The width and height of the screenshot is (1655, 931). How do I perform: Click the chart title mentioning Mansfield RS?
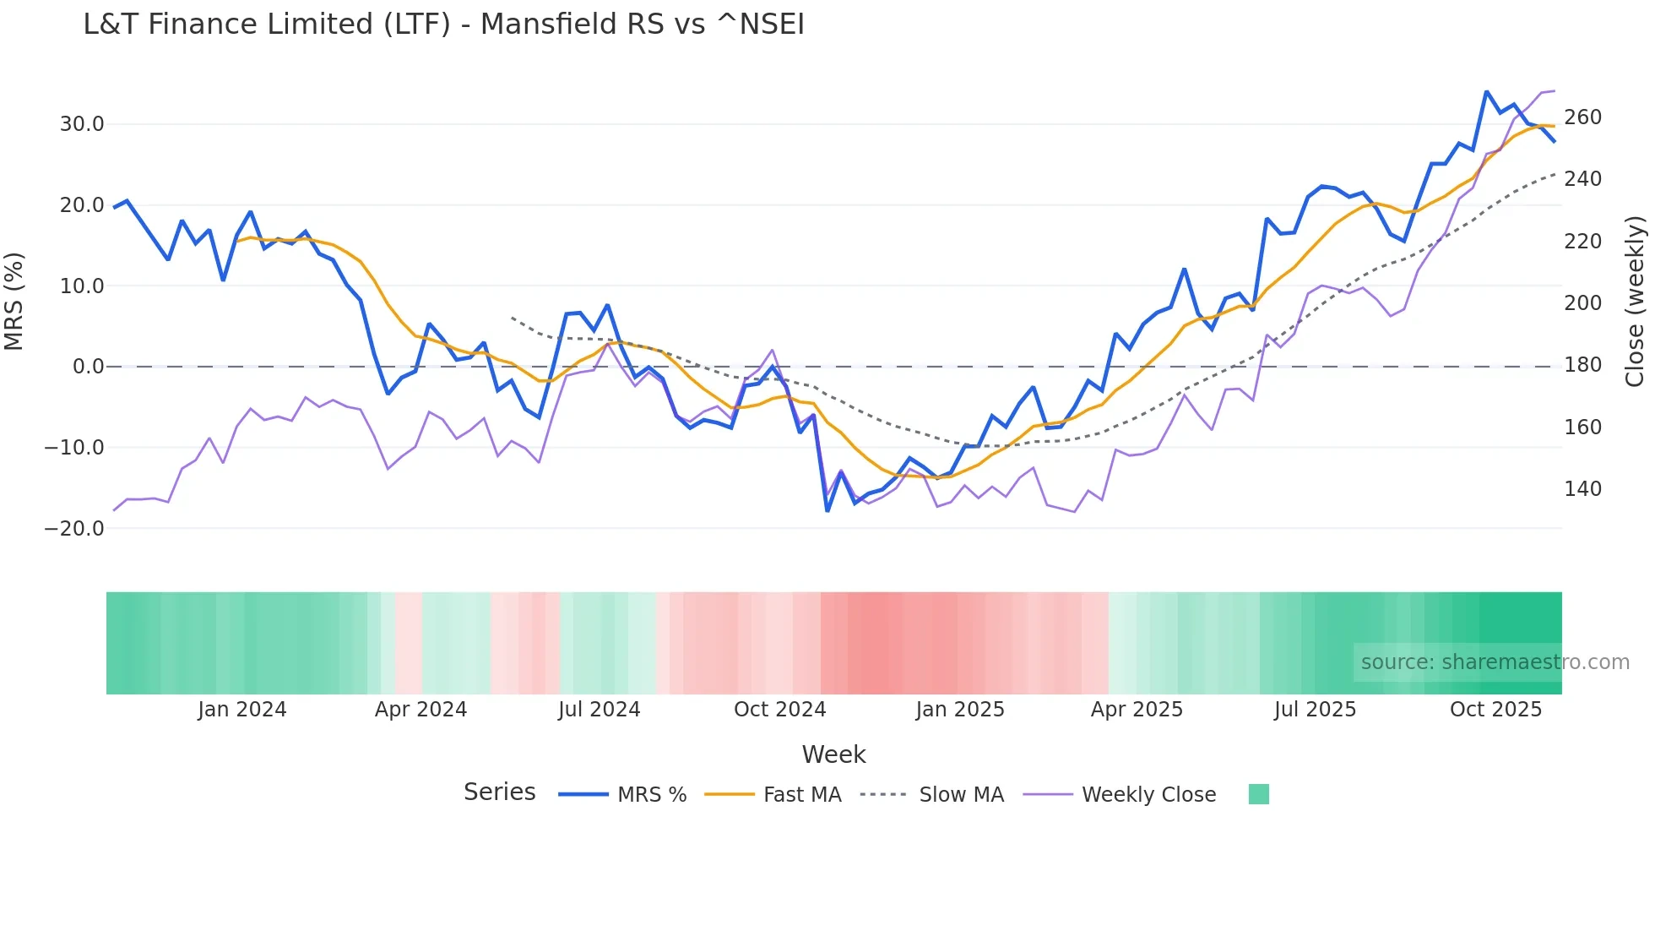[x=443, y=24]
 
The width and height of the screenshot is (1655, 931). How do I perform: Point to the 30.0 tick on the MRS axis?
[x=82, y=124]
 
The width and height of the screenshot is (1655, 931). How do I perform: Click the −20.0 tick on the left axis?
[x=74, y=529]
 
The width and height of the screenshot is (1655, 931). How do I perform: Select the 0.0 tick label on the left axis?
[x=88, y=367]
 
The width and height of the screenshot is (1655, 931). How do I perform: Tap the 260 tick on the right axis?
[x=1582, y=117]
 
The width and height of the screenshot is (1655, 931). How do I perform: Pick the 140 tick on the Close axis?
[x=1582, y=489]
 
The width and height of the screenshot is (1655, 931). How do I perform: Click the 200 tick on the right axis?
[x=1582, y=303]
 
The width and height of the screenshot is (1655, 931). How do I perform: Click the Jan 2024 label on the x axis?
[x=242, y=710]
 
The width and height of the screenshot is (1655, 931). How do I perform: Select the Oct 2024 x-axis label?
[x=779, y=710]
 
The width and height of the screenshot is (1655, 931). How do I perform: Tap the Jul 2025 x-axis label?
[x=1315, y=710]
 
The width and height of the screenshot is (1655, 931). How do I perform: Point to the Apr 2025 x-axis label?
[x=1137, y=710]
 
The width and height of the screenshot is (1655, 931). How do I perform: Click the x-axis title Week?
[x=833, y=754]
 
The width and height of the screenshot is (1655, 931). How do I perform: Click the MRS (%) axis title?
[x=14, y=301]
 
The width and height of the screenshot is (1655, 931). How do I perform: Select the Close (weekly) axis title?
[x=1635, y=301]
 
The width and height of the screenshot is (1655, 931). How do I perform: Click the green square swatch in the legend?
[x=1258, y=794]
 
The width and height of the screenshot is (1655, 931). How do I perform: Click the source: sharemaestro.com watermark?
[x=1495, y=662]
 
